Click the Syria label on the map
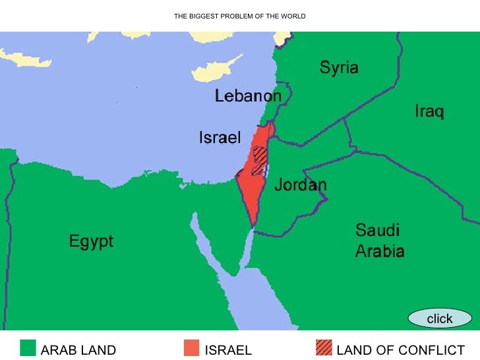point(339,67)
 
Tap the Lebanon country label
point(248,96)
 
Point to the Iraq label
point(429,111)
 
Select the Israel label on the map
point(220,138)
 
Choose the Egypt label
point(91,241)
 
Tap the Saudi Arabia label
point(380,241)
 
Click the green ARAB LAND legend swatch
point(28,347)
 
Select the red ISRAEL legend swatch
point(191,347)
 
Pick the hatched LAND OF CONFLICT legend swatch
point(324,347)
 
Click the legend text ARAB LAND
point(78,350)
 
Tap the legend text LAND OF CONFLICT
point(400,350)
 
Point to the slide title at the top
point(239,16)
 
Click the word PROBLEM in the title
point(236,16)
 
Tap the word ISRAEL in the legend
point(228,350)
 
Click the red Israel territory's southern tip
point(252,222)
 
